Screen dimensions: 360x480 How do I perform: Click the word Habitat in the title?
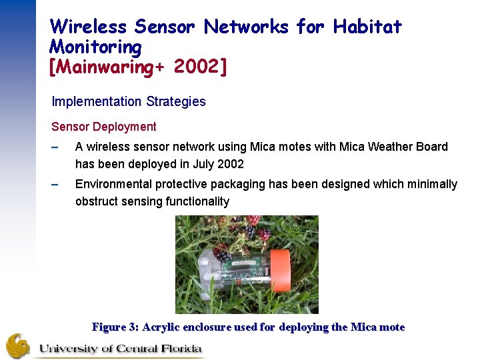tap(367, 27)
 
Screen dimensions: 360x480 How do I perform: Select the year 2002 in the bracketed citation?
tap(200, 67)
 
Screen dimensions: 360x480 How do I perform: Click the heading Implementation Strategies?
tap(129, 102)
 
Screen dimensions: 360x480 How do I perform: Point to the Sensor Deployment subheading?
tap(104, 127)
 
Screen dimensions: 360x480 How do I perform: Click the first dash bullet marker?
tap(56, 147)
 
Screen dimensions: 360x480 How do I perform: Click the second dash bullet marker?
tap(56, 184)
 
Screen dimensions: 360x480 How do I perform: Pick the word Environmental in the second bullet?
tap(112, 184)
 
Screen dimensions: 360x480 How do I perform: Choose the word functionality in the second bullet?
tap(198, 201)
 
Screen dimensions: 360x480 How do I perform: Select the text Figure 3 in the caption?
tap(114, 327)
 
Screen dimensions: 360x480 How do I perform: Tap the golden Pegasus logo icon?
tap(18, 346)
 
